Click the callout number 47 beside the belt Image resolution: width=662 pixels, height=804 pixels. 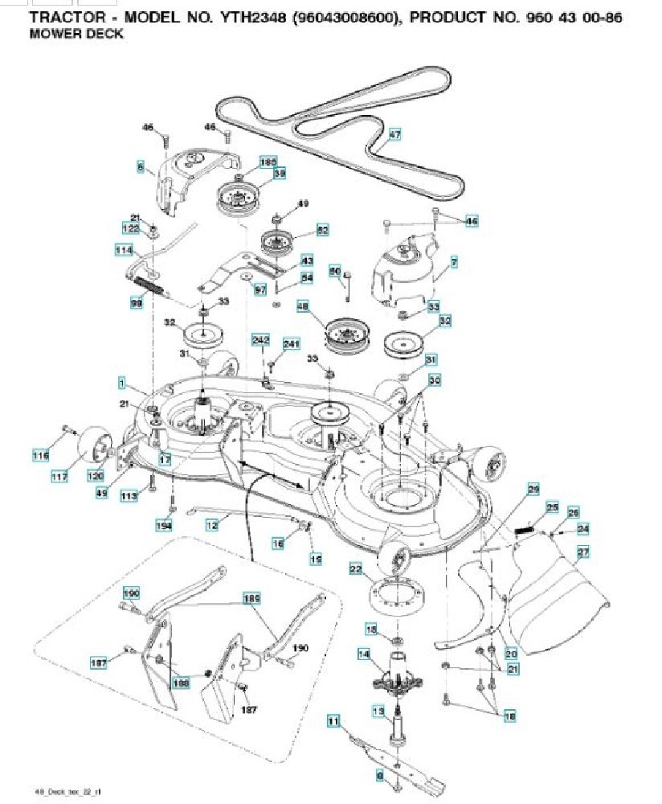coord(394,135)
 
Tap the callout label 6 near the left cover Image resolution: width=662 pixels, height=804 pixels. coord(141,167)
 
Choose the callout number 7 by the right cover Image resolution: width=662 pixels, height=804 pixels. coord(454,264)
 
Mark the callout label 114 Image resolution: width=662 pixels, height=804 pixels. coord(123,250)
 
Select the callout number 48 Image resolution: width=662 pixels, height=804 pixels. coord(302,306)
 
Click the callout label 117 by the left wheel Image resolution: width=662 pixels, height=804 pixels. coord(59,478)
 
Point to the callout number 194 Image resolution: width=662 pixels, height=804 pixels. coord(165,525)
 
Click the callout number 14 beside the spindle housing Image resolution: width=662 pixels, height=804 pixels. coord(364,655)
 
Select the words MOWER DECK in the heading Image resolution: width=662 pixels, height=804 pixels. coord(76,35)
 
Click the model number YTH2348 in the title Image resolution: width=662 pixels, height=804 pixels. coord(239,17)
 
